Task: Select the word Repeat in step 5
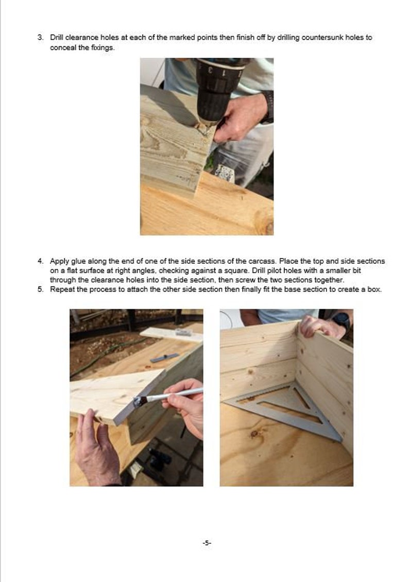coord(61,289)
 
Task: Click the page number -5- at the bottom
coord(206,543)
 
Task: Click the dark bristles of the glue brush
coord(141,401)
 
